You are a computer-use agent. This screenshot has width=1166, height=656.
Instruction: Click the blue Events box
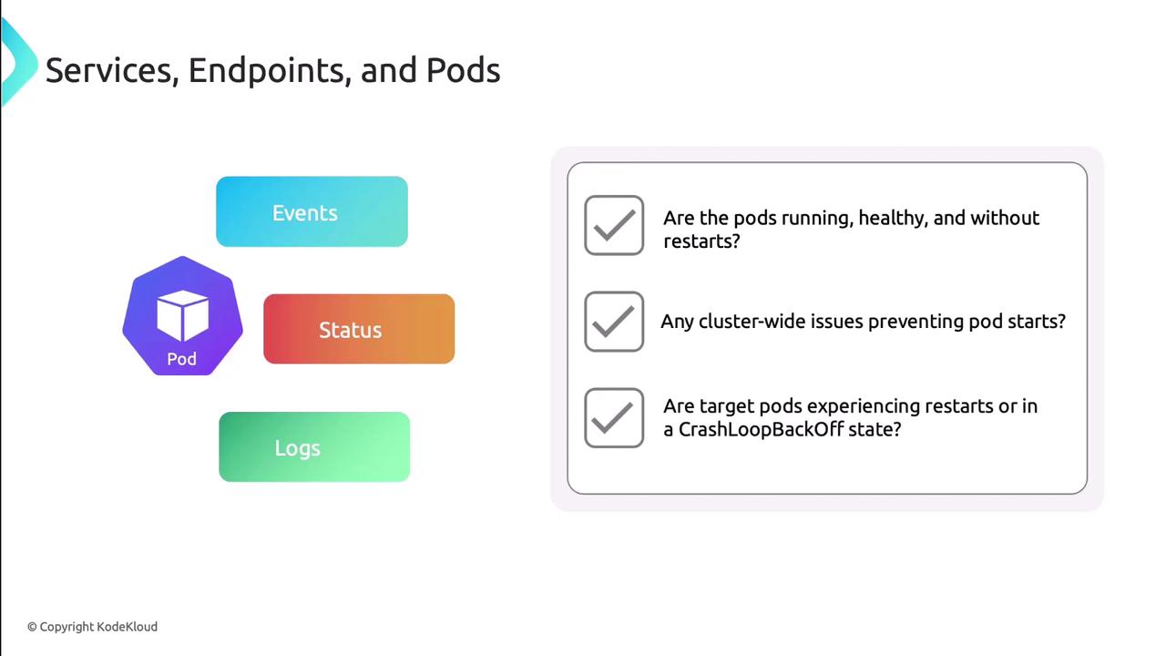click(x=312, y=211)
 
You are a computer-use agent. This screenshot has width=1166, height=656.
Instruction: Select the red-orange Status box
click(x=359, y=329)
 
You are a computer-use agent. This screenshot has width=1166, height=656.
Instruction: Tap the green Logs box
click(x=314, y=446)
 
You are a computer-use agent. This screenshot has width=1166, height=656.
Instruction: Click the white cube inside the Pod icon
click(x=183, y=315)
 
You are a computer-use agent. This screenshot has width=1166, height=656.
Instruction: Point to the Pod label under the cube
click(x=181, y=359)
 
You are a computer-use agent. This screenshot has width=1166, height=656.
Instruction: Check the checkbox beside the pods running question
click(x=614, y=225)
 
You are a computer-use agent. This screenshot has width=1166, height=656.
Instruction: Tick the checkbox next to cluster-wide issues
click(x=614, y=322)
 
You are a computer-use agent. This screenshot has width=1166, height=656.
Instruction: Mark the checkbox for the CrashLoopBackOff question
click(x=614, y=417)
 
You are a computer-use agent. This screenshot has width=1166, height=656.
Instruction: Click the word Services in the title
click(x=112, y=70)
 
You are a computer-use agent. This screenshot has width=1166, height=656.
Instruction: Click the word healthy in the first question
click(x=894, y=219)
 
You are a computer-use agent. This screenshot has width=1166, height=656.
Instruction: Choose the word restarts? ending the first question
click(x=701, y=241)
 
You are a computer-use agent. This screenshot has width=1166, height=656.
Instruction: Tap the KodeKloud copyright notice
click(x=92, y=627)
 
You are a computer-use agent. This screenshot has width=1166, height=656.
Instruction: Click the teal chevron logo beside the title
click(x=19, y=61)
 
